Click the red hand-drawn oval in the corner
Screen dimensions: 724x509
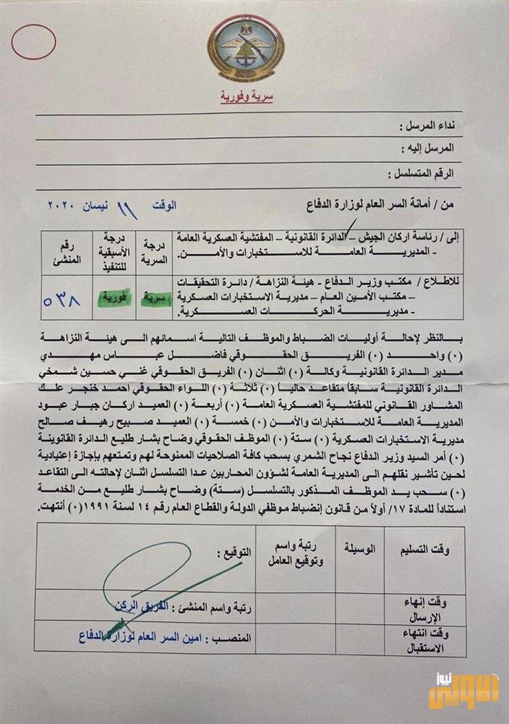pos(33,41)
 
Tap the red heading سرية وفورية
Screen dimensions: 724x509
pos(247,98)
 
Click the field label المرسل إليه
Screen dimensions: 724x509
pos(427,148)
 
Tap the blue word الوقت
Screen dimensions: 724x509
pos(164,206)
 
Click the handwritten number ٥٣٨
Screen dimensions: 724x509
pos(64,298)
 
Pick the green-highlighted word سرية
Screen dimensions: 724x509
pos(153,298)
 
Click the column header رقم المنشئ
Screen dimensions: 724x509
pos(64,251)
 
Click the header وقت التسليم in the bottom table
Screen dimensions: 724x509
pos(425,550)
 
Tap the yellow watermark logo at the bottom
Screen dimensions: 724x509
pos(462,691)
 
